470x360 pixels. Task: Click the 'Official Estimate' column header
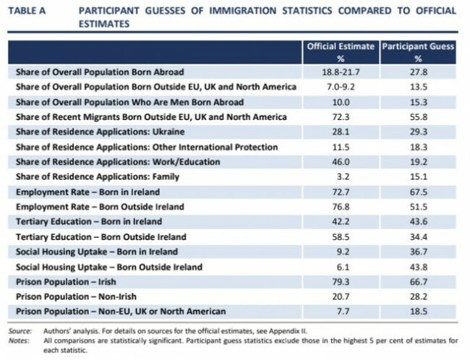coord(339,48)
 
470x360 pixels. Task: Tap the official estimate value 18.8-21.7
coord(339,72)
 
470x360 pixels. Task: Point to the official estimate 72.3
coord(339,117)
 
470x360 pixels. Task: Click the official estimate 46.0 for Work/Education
coord(339,162)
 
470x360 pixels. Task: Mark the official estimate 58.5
coord(339,236)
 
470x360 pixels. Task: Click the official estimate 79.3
coord(339,281)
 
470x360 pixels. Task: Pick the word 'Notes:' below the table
coord(17,337)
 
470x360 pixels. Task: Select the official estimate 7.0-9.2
coord(339,87)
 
